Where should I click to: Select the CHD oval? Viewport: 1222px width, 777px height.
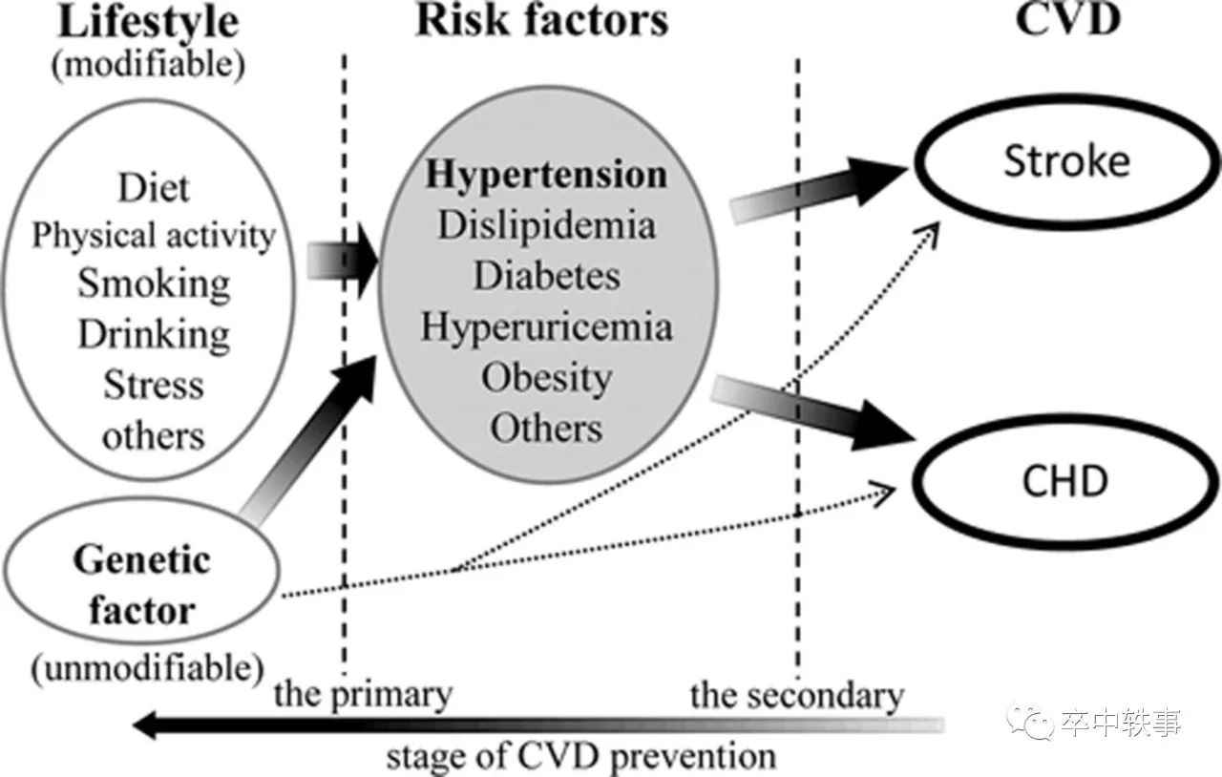pos(1065,481)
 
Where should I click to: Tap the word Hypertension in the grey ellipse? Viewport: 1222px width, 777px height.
pos(546,175)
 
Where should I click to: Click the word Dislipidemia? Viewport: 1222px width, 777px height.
pos(546,225)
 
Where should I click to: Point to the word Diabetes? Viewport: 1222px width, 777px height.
pos(546,276)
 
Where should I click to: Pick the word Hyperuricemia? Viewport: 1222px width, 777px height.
pos(546,326)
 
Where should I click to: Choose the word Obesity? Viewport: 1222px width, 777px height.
pos(546,377)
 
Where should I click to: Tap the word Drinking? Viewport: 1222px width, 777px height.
pos(154,334)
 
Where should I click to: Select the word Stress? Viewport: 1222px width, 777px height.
pos(154,385)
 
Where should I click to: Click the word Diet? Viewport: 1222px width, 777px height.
pos(154,187)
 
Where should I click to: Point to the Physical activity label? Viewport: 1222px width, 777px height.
pos(154,235)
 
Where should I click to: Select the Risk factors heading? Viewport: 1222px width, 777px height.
pos(541,21)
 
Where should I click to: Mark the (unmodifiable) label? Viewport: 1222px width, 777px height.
pos(146,666)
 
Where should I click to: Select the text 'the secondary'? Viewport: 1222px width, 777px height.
pos(796,695)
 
